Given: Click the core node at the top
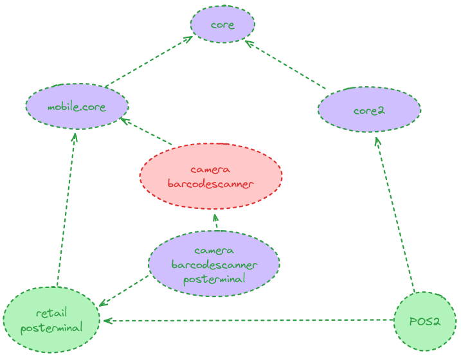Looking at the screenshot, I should (222, 25).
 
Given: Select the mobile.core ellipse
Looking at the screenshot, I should (77, 106).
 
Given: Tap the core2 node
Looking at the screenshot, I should (369, 110).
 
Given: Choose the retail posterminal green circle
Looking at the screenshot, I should (51, 319).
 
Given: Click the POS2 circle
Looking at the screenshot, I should (424, 321).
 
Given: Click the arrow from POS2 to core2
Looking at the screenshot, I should (394, 212).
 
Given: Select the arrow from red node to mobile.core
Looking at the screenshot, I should (147, 132).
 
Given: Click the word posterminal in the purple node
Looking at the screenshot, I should (214, 279).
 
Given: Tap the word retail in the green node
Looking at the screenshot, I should (51, 313).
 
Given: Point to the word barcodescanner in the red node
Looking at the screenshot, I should (211, 184).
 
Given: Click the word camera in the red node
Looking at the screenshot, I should (211, 170).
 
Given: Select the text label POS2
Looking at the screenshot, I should (424, 321).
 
